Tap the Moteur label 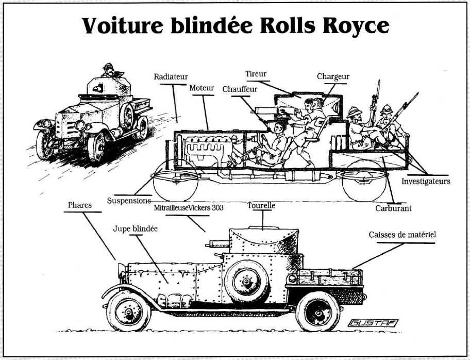[x=202, y=88]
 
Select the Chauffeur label [x=240, y=89]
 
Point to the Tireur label [x=256, y=74]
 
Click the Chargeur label [x=333, y=76]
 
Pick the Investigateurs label [x=426, y=181]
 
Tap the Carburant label [x=393, y=208]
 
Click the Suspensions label [x=129, y=200]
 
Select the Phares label [x=80, y=205]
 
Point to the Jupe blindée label [x=135, y=228]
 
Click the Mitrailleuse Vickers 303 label [x=188, y=208]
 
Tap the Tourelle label [x=262, y=205]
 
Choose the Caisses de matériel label [x=402, y=235]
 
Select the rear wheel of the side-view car [x=318, y=312]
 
